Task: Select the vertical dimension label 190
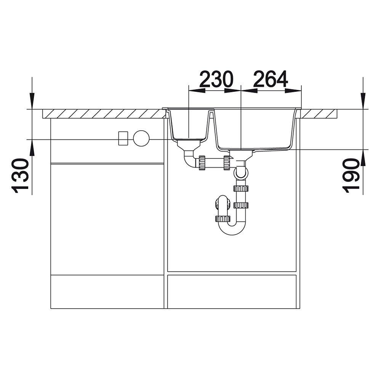point(351,176)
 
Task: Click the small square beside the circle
point(123,138)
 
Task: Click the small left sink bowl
point(189,125)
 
